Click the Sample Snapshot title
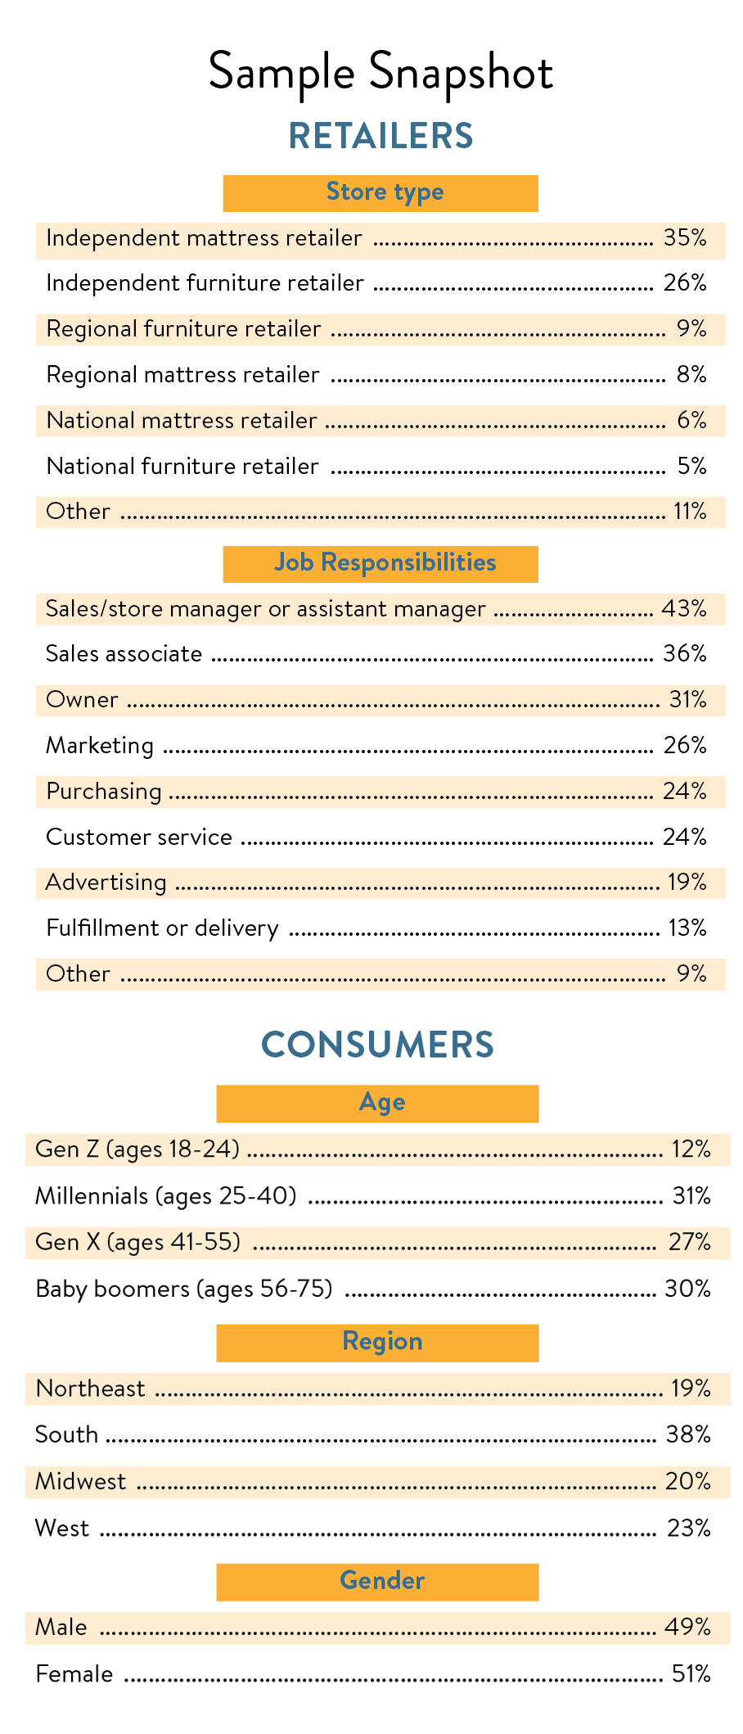381,72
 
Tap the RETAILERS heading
381,136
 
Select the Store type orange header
381,192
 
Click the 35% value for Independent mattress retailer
685,238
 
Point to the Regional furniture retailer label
183,329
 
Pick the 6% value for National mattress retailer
691,421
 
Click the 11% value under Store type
690,512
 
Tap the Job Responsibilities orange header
381,563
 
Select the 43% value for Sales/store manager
684,609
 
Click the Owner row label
82,700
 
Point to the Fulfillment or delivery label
162,928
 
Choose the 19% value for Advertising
687,883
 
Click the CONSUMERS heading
377,1045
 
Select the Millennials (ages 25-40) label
165,1197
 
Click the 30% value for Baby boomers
687,1289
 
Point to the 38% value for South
688,1435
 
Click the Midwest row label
80,1482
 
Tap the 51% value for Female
691,1675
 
